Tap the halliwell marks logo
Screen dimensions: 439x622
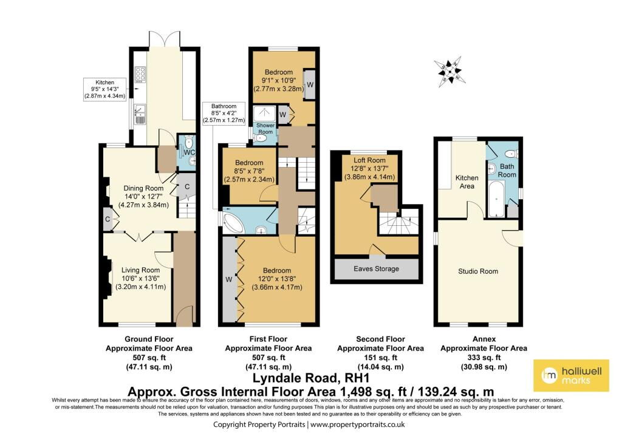(570, 375)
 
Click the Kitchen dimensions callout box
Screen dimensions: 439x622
(105, 89)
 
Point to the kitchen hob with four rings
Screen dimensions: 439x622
(141, 74)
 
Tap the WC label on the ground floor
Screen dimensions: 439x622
(190, 151)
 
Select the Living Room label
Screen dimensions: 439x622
(140, 270)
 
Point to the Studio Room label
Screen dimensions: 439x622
(478, 271)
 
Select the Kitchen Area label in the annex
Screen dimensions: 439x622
(466, 182)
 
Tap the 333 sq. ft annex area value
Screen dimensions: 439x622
(484, 358)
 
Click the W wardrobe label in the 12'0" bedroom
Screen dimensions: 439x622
(228, 280)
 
